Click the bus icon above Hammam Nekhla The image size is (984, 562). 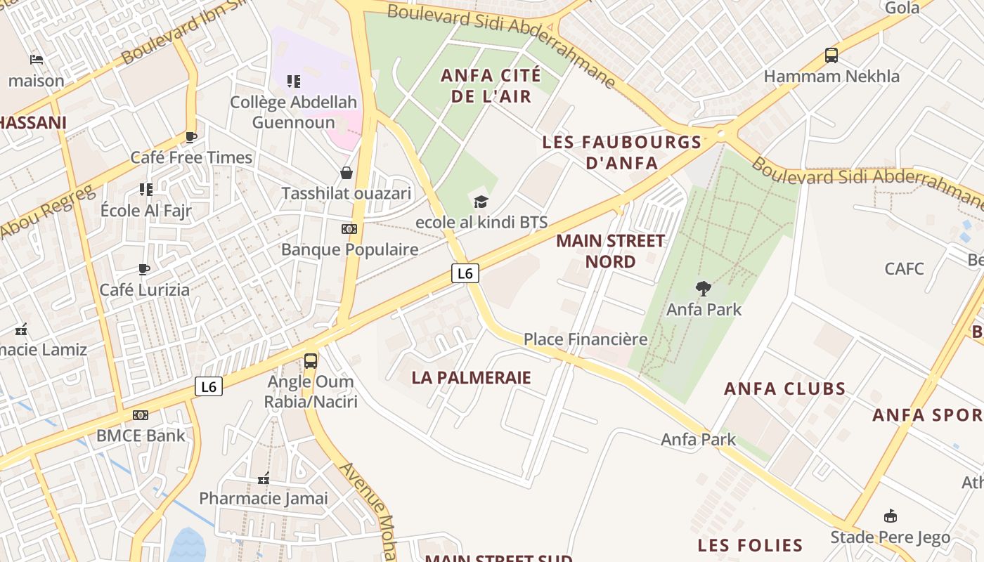click(x=831, y=55)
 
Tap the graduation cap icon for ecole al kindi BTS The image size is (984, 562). click(x=481, y=202)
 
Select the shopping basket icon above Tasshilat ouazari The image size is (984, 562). click(x=347, y=173)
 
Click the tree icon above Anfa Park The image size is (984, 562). click(x=703, y=288)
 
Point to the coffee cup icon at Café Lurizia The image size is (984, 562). click(x=144, y=269)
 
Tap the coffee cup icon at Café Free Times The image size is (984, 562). click(x=191, y=137)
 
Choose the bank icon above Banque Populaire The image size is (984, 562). click(x=349, y=229)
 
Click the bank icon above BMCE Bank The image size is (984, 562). click(x=141, y=415)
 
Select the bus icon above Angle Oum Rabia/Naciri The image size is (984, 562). click(x=311, y=361)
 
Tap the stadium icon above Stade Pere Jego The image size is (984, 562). click(x=891, y=516)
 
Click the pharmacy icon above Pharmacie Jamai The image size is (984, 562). click(x=264, y=479)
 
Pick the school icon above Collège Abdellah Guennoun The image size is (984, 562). click(x=294, y=81)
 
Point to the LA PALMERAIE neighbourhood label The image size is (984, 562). click(x=471, y=377)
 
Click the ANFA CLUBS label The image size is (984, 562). click(x=784, y=388)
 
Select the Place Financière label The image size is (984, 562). click(x=585, y=339)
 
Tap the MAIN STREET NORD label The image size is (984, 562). click(x=610, y=251)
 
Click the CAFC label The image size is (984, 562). click(x=904, y=268)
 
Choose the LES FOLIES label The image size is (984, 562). click(x=750, y=545)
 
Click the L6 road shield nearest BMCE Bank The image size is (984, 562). click(x=209, y=386)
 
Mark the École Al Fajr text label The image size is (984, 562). click(x=146, y=211)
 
